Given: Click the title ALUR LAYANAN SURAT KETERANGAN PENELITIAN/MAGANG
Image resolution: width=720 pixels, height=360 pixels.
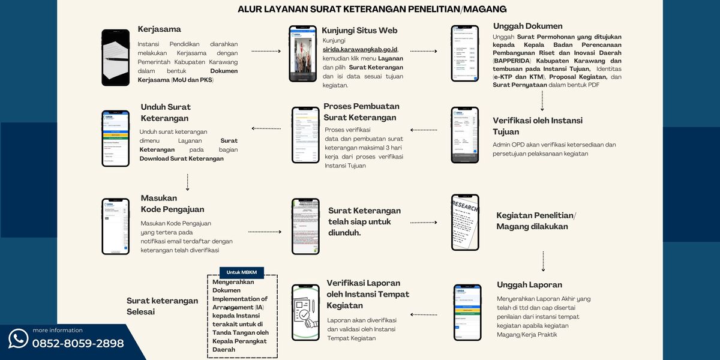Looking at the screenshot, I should tap(372, 9).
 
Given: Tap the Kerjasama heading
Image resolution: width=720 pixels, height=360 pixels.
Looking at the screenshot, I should tap(159, 29).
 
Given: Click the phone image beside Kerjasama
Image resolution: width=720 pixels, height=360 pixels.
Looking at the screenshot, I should tap(116, 58).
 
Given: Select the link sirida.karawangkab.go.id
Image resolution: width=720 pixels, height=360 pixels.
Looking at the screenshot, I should tap(360, 49).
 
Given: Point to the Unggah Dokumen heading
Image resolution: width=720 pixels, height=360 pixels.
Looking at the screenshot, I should tap(527, 26).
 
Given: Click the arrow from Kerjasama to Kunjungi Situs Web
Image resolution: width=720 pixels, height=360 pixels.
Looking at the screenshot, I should tap(266, 52).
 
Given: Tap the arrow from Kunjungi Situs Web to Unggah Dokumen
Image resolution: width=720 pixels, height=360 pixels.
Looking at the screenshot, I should tap(424, 52).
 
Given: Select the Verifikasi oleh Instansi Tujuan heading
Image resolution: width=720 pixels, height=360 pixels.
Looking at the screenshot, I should tap(538, 126).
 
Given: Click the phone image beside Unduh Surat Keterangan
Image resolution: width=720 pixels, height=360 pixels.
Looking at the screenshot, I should tap(116, 138).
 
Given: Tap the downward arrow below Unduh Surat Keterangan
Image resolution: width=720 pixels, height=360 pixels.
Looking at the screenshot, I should tap(188, 182).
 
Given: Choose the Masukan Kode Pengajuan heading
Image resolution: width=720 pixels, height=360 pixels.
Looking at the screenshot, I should tap(172, 203).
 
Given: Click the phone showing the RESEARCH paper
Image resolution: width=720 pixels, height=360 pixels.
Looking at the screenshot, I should tap(465, 222).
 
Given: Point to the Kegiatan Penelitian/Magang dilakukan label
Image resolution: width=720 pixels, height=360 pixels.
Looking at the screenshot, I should tap(536, 221).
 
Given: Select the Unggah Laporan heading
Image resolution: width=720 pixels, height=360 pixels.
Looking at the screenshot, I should tap(529, 284).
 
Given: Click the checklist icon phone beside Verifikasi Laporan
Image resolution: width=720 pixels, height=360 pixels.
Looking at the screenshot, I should tap(305, 313).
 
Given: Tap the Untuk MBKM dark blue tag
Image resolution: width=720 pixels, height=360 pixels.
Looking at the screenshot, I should tap(241, 272).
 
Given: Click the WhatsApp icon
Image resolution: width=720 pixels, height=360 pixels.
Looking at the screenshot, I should tap(18, 338).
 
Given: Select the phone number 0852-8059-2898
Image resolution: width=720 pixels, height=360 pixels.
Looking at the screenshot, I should tap(78, 343).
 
